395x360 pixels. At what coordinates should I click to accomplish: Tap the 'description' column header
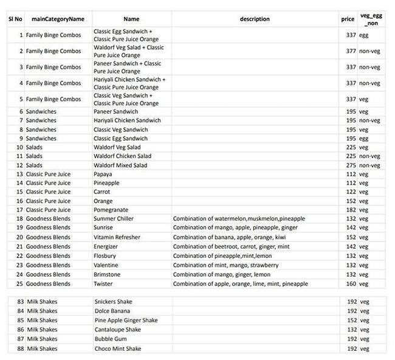(255, 19)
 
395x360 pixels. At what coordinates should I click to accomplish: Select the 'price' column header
(348, 19)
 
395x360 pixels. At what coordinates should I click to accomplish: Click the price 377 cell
(350, 51)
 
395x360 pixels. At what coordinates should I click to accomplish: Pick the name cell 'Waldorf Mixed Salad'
(120, 165)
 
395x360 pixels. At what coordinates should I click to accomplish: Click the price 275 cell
(350, 165)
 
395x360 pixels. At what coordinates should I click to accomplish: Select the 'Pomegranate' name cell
(109, 209)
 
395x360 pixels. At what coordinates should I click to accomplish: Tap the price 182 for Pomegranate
(350, 209)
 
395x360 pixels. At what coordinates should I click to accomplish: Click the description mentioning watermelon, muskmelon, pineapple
(239, 218)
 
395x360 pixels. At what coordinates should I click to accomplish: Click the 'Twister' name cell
(104, 283)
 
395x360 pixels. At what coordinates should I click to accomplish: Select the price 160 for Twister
(350, 283)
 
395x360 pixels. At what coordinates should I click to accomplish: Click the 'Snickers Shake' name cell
(113, 302)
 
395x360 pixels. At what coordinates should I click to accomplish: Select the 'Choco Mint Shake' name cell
(117, 349)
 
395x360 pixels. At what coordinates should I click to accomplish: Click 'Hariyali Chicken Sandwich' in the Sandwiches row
(128, 120)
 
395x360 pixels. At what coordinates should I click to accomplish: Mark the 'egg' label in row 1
(365, 35)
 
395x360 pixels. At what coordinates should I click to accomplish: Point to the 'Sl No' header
(15, 19)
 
